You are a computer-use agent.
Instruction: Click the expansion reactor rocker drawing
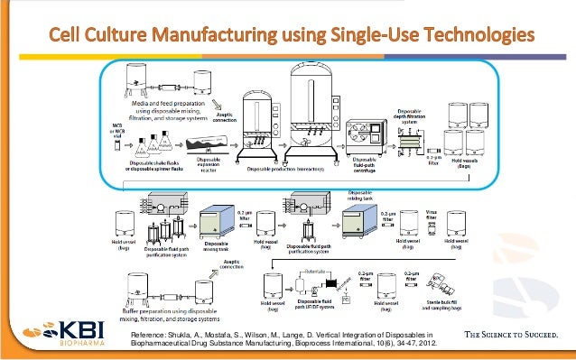[207, 145]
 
